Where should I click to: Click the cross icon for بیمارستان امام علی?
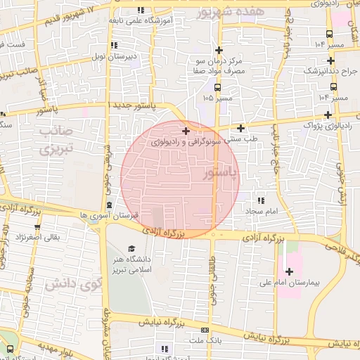point(289,271)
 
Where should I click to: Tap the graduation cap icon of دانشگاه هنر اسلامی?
point(131,248)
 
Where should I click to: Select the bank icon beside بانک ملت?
point(205,329)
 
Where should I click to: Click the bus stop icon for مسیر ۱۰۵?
point(217,87)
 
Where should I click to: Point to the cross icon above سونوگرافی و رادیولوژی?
point(186,131)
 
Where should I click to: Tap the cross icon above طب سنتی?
point(241,128)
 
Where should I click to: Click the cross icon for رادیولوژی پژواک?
point(328,114)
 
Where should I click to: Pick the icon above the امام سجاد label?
point(262,200)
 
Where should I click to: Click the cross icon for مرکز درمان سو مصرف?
point(219,50)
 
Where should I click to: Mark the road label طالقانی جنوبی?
point(212,278)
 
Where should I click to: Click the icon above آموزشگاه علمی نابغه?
point(141,10)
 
